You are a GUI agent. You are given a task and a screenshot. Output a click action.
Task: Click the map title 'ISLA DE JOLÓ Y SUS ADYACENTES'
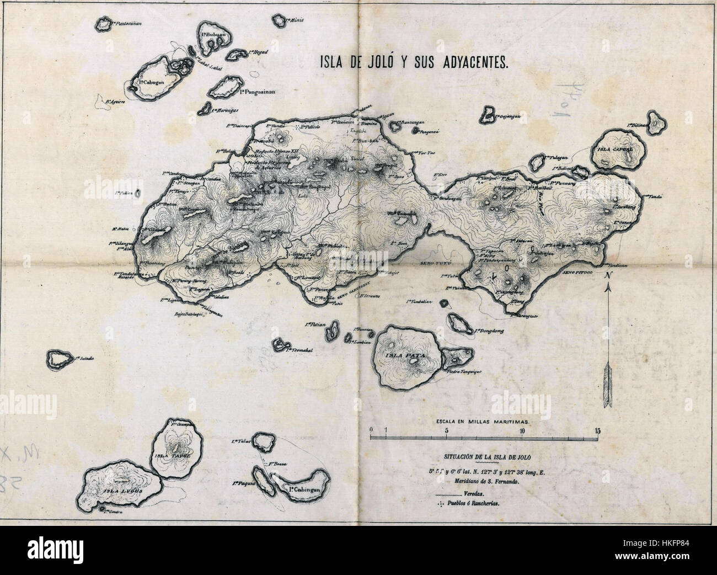[413, 62]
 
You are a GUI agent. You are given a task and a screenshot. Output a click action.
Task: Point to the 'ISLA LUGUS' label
[114, 489]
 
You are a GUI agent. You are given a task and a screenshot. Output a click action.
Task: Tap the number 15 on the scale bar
[597, 430]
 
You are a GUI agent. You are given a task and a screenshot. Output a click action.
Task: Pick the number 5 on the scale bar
[446, 430]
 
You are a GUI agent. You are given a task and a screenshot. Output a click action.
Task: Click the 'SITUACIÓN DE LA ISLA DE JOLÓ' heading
[483, 457]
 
